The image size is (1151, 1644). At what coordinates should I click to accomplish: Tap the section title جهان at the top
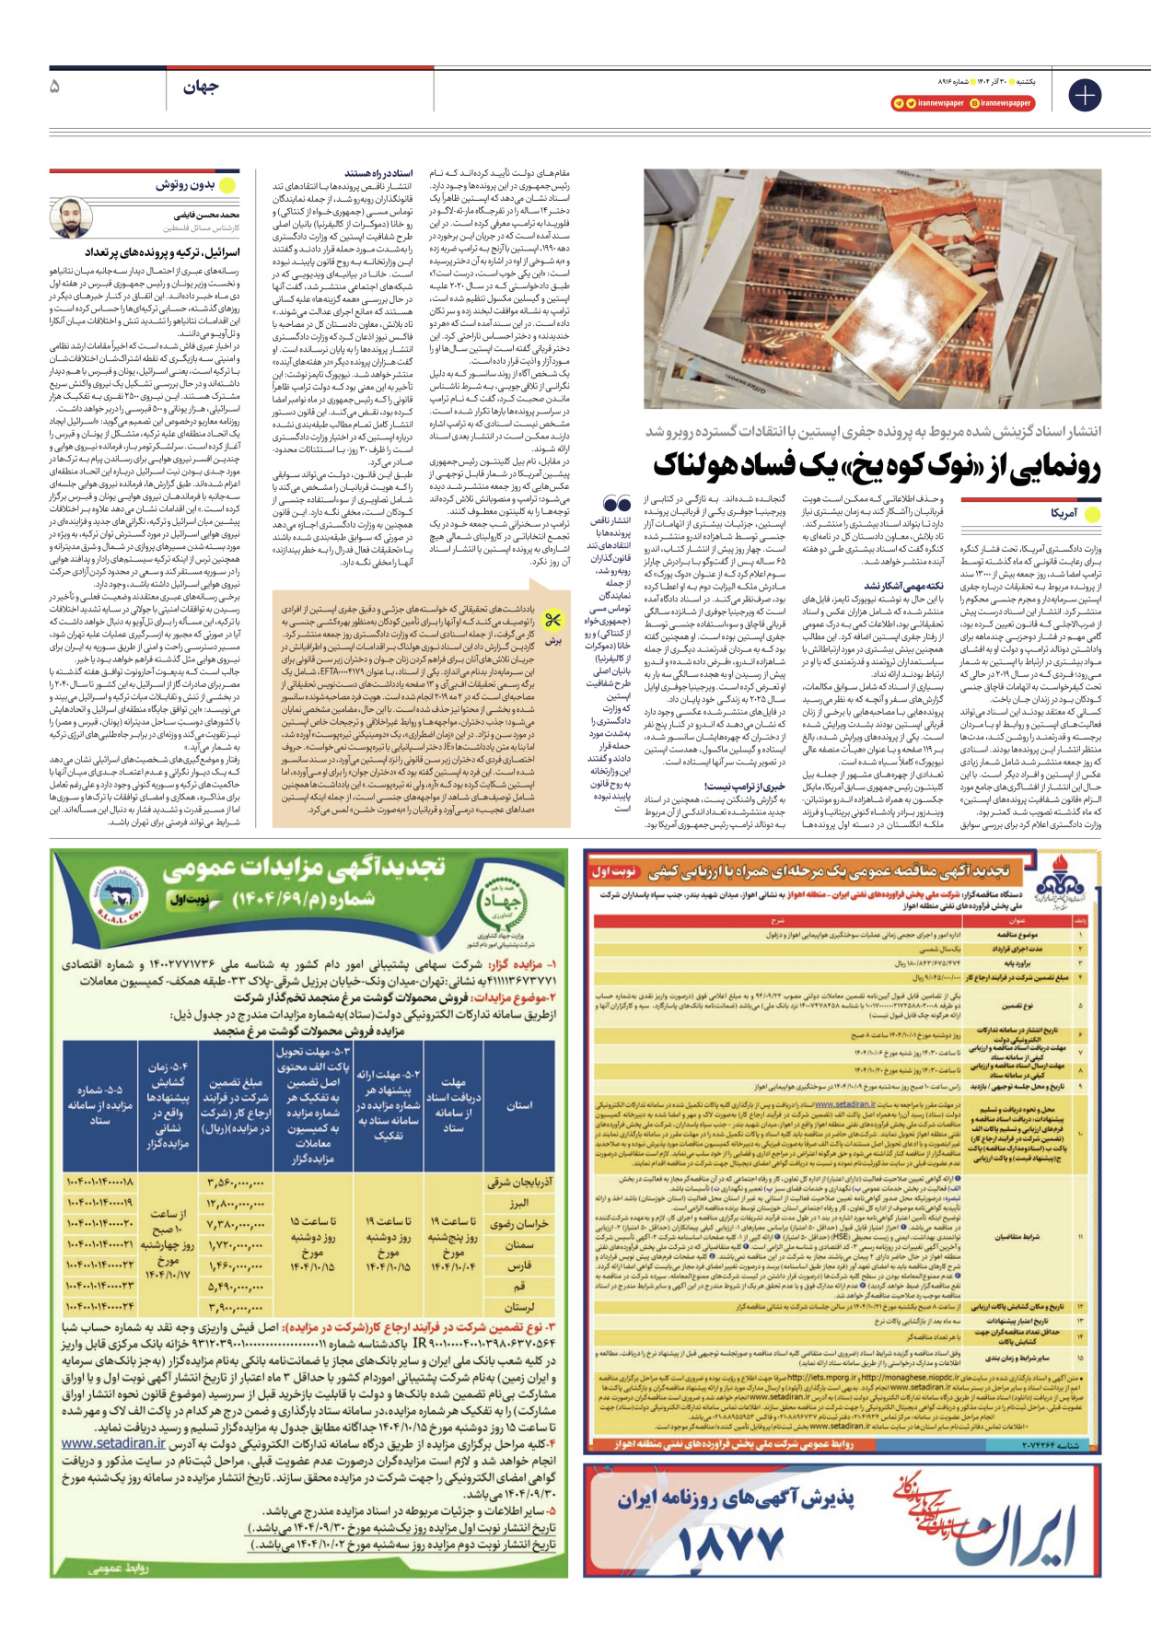pos(201,87)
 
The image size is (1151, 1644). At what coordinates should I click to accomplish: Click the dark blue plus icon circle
pos(1085,95)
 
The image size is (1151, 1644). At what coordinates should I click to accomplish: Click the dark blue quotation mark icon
pos(617,504)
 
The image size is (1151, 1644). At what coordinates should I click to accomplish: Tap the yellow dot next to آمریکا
pos(1092,513)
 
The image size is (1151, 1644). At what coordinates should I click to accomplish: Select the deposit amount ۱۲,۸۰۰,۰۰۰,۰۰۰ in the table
pos(237,1203)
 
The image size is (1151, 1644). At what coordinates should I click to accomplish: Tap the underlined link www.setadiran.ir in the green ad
pos(113,1443)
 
